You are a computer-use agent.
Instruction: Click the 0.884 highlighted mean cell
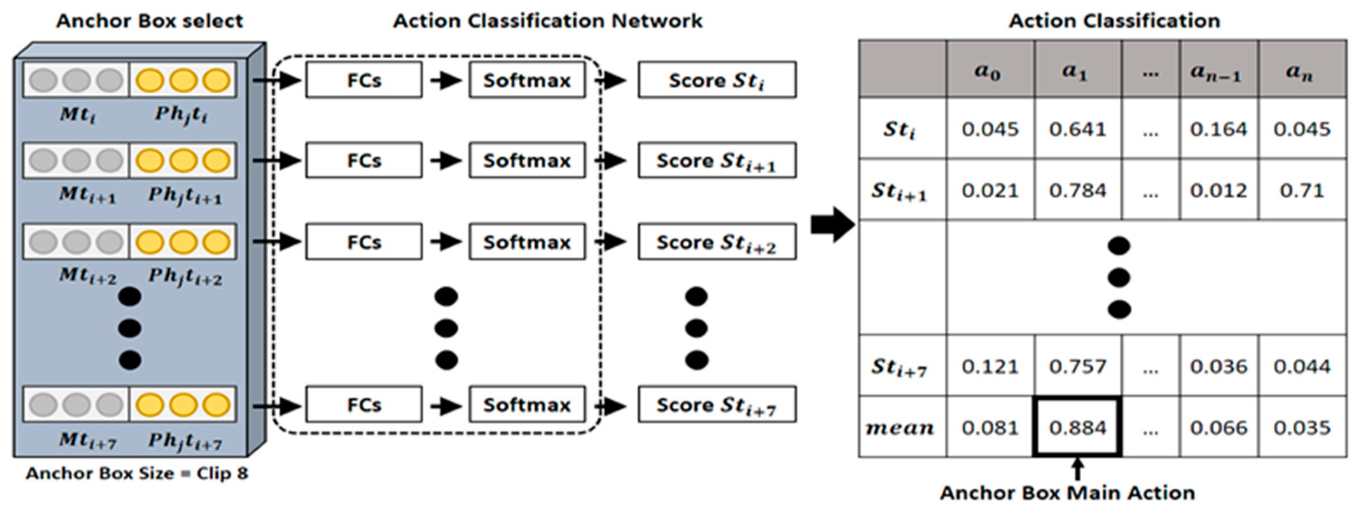click(1077, 427)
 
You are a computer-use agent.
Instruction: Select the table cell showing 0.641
click(1077, 129)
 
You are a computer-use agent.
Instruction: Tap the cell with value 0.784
click(1077, 190)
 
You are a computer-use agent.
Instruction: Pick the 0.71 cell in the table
click(1301, 190)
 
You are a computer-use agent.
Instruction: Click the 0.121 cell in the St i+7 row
click(989, 366)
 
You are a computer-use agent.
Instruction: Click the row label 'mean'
click(900, 427)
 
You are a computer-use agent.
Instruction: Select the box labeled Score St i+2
click(717, 242)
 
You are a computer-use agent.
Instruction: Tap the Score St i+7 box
click(717, 405)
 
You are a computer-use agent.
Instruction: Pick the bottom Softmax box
click(527, 405)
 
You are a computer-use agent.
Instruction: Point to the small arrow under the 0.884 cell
click(1078, 469)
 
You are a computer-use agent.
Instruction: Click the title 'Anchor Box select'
click(150, 21)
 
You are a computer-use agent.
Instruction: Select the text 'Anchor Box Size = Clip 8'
click(137, 473)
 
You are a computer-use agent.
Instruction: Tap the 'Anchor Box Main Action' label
click(1067, 493)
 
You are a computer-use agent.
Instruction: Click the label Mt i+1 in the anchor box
click(87, 195)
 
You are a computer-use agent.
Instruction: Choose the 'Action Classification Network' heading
click(547, 21)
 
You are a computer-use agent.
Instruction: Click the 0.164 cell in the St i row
click(1218, 129)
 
